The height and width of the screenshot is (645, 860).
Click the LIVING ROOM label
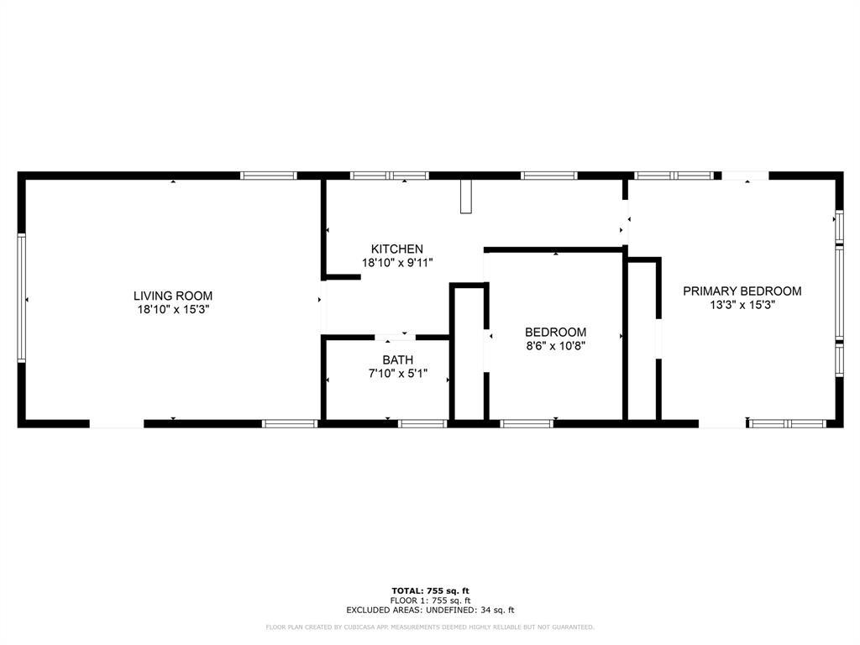tap(173, 296)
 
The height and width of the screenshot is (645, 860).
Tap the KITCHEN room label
tap(397, 249)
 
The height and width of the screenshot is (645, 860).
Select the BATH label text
tap(397, 360)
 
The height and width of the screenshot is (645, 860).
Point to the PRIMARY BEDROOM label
tap(742, 291)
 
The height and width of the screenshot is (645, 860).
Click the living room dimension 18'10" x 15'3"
tap(173, 310)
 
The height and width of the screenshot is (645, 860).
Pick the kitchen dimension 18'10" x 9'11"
tap(397, 263)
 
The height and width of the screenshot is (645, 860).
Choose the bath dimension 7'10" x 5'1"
tap(397, 374)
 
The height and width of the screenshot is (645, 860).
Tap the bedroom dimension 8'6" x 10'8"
tap(555, 346)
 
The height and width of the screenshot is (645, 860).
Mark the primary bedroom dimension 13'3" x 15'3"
tap(742, 306)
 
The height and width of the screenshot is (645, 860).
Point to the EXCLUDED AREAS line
tap(429, 611)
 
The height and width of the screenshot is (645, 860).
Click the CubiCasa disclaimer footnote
tap(429, 627)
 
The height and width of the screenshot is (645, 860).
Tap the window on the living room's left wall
tap(22, 298)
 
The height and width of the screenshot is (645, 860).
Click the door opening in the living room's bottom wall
tap(117, 423)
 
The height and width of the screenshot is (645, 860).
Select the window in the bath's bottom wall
tap(422, 423)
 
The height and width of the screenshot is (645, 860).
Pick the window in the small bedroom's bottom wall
tap(527, 423)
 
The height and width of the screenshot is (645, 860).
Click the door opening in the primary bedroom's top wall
tap(745, 176)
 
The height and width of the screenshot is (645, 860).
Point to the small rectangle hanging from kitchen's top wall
tap(466, 197)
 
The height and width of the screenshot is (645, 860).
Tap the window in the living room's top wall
tap(269, 176)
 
